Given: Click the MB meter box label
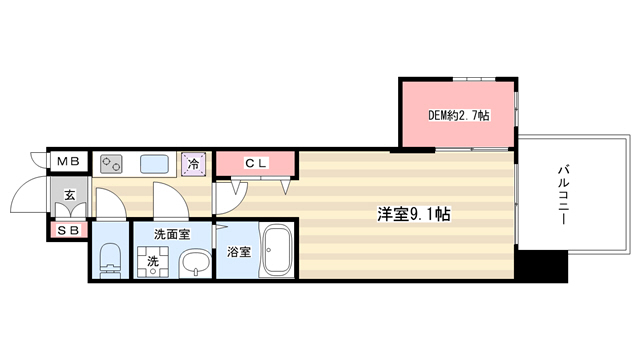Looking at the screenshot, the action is point(68,162).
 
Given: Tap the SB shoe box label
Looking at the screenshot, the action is point(68,231).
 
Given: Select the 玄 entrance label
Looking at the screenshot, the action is point(70,195).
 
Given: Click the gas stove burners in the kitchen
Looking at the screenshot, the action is point(111,164).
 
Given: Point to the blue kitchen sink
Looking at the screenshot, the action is point(154,164).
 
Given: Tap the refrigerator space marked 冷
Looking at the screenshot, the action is point(193,164).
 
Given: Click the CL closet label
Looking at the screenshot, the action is point(256,164).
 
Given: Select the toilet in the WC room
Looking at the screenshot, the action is point(110,260).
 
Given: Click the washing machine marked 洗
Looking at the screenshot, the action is point(153,262).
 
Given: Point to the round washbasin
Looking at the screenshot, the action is point(195,263).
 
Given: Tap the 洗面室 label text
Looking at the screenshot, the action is point(172,234).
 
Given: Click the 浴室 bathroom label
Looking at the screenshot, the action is point(239,252).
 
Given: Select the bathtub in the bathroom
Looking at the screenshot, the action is point(277,251).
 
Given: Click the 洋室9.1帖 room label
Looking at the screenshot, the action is point(413,214).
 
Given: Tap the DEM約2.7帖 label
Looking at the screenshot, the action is point(458,116).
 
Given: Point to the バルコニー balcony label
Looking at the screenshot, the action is point(564,194).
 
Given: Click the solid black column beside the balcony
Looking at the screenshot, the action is point(541,266).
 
